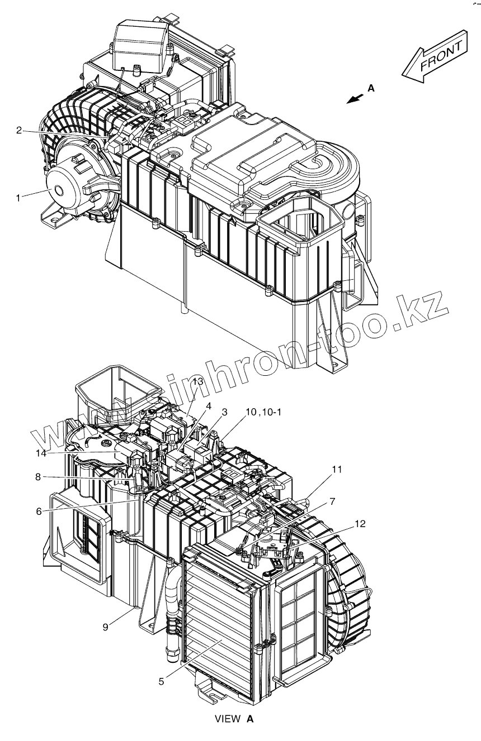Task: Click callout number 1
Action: tap(18, 197)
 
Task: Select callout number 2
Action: tap(18, 130)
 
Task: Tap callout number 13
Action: tap(197, 381)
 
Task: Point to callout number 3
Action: tap(224, 412)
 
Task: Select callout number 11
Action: tap(336, 470)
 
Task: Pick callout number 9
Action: tap(105, 627)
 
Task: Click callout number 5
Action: tap(161, 681)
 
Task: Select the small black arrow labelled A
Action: tap(353, 98)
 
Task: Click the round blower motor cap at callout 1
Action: tap(62, 189)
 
